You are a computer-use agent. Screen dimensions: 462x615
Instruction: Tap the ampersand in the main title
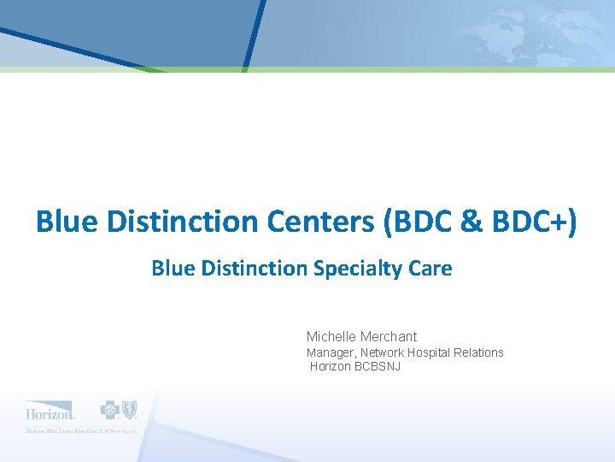coord(472,222)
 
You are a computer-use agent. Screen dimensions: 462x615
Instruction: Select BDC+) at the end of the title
coord(533,222)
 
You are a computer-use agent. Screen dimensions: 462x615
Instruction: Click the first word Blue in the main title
coord(62,222)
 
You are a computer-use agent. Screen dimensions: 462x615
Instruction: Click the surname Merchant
coord(389,336)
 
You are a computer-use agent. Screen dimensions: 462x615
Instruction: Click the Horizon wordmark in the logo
coord(50,410)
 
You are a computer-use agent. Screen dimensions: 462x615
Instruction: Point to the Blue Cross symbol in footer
coord(110,410)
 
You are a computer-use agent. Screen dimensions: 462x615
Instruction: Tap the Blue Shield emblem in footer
coord(129,410)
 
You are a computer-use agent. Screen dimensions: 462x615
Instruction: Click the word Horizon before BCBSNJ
coord(330,366)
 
